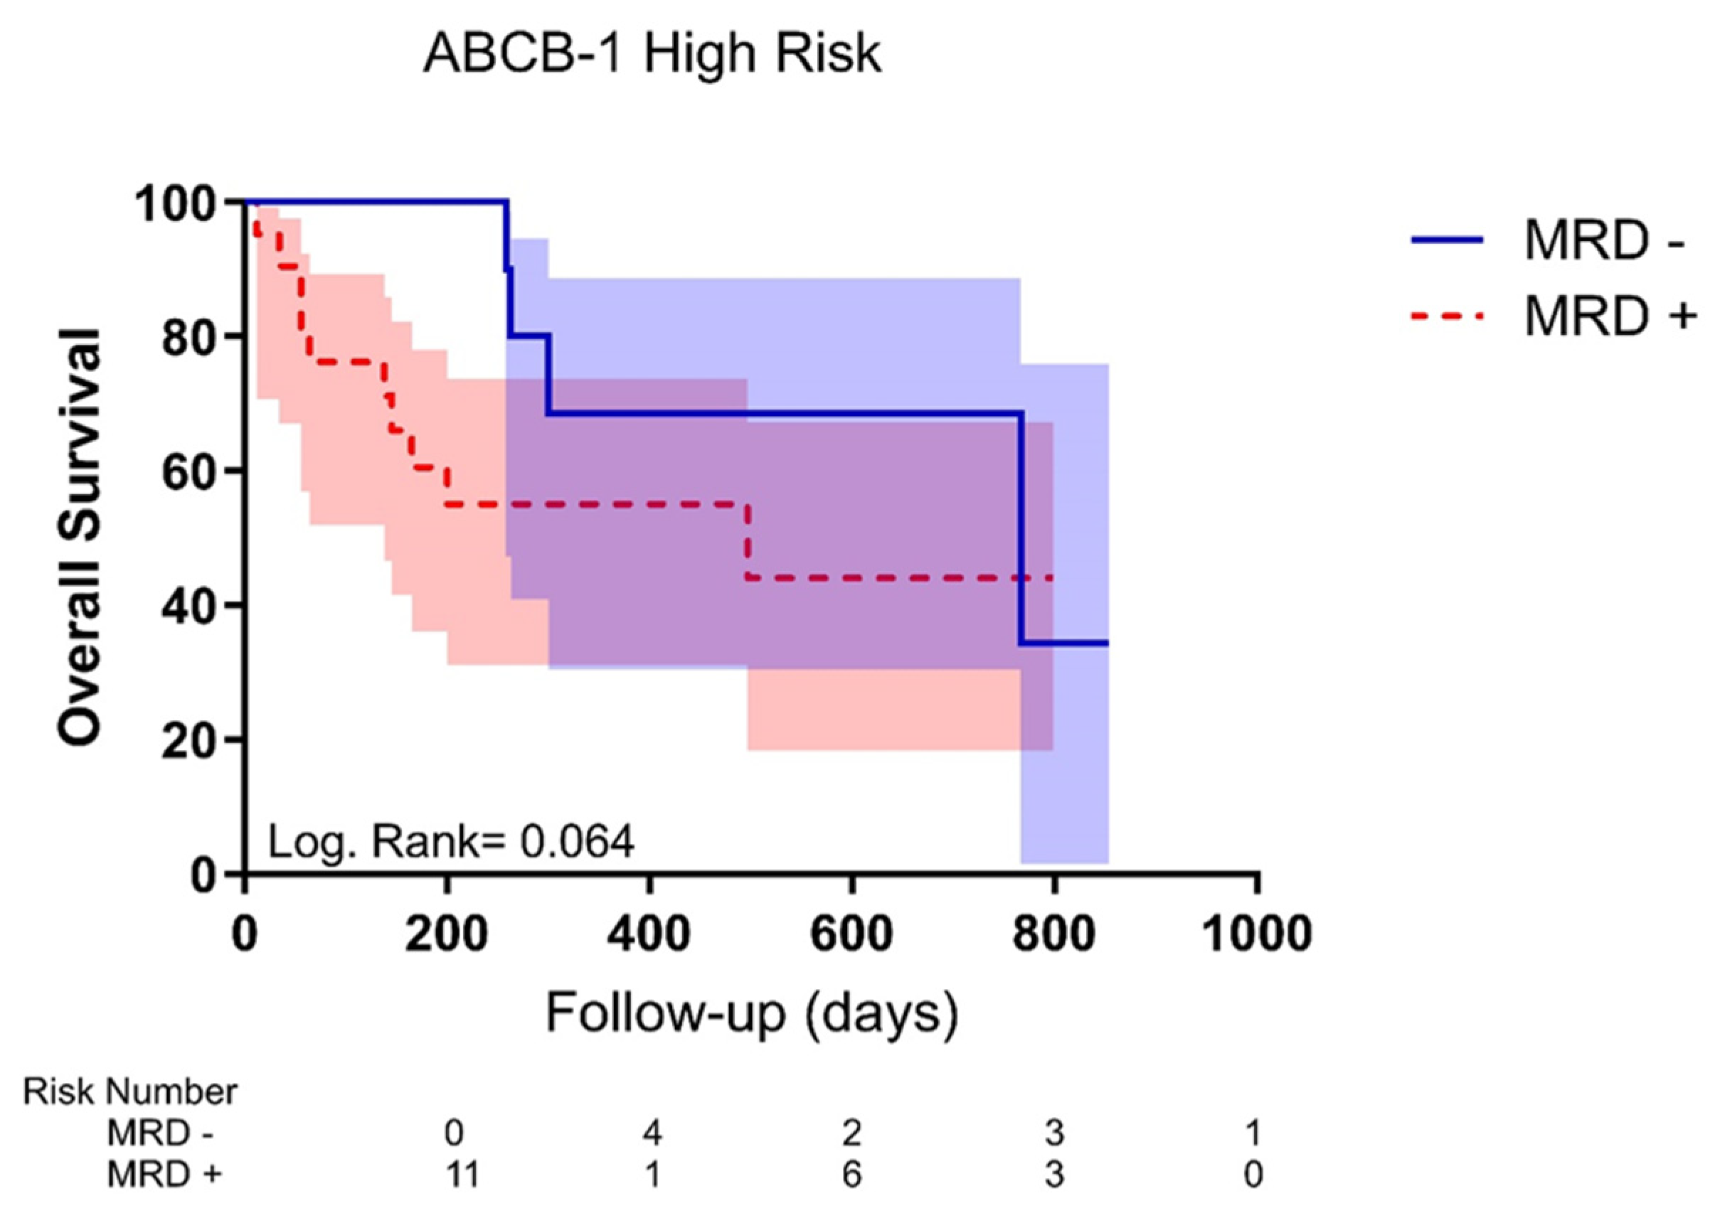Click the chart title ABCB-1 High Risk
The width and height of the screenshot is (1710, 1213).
point(652,54)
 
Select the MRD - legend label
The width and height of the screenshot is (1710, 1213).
point(1604,240)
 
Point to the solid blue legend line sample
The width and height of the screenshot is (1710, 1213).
point(1447,240)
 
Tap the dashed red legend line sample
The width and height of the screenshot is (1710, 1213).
point(1447,316)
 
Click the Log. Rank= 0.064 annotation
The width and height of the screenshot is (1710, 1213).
point(450,842)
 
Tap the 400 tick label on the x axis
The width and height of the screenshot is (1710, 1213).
point(649,934)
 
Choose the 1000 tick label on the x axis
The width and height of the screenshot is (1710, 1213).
point(1258,934)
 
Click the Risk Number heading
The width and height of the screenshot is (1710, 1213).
point(130,1092)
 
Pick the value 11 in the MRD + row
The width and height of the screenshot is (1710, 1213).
point(461,1175)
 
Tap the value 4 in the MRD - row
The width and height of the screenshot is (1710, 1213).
point(652,1134)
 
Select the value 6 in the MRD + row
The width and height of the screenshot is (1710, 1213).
point(851,1175)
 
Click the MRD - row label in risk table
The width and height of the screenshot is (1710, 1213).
point(160,1134)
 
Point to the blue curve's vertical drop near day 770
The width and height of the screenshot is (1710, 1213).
point(1021,527)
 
